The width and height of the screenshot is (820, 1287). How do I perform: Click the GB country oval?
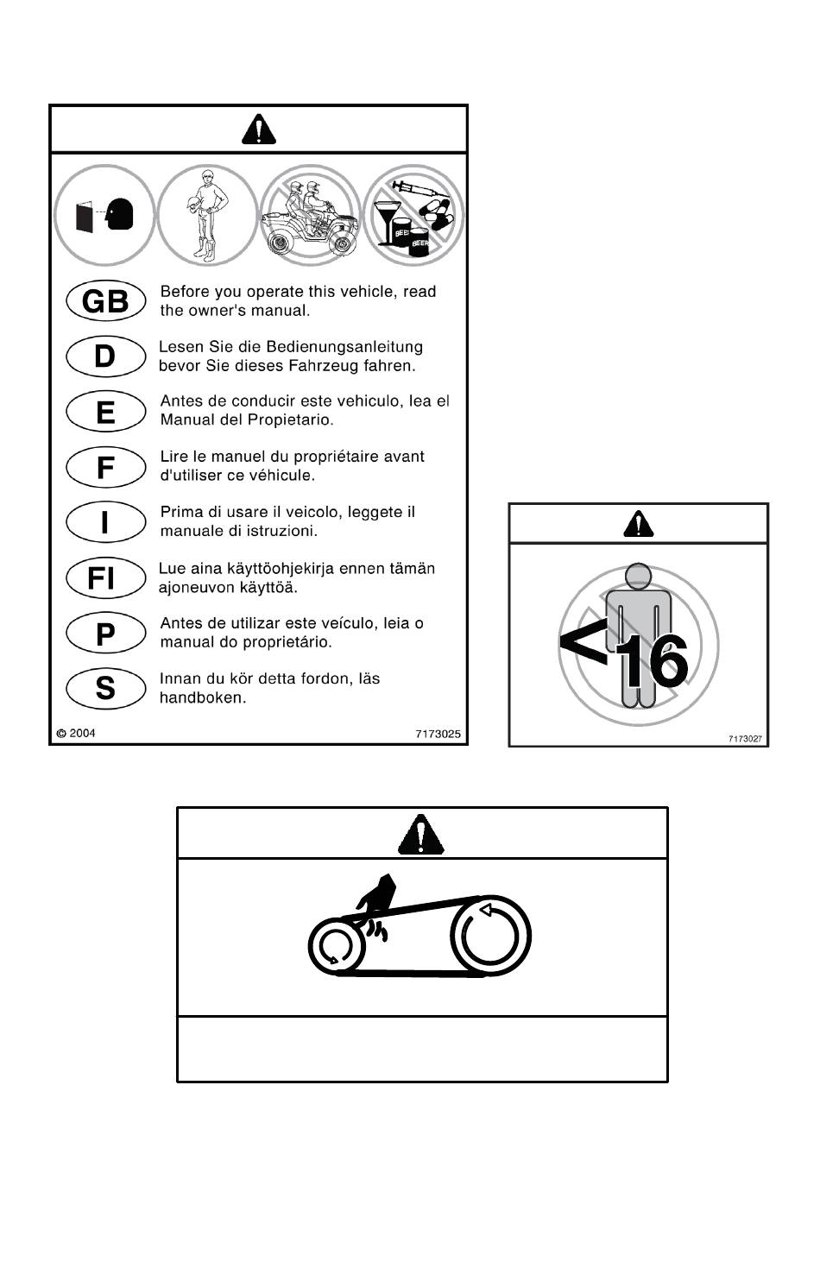(x=105, y=300)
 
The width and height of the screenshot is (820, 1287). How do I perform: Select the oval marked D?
(x=105, y=356)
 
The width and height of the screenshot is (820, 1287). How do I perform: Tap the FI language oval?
(x=105, y=578)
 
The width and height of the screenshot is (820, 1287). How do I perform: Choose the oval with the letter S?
(x=105, y=688)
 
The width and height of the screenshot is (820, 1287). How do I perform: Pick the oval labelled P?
(x=105, y=634)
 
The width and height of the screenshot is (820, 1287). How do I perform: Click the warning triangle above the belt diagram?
(x=420, y=834)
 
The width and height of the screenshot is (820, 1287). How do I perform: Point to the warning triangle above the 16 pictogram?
(x=639, y=523)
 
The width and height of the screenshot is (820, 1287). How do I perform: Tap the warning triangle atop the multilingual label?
(x=259, y=129)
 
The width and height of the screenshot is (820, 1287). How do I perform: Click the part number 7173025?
(x=438, y=734)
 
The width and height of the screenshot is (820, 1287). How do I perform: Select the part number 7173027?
(x=745, y=739)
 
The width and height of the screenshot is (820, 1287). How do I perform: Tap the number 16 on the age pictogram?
(x=652, y=661)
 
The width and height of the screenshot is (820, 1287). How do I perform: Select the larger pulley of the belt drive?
(x=490, y=936)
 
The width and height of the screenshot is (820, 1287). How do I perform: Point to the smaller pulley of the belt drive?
(x=336, y=946)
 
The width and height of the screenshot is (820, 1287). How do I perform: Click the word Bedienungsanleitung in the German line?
(x=344, y=347)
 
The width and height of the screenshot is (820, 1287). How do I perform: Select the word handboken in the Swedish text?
(x=202, y=698)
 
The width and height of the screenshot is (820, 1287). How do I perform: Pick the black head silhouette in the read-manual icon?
(x=120, y=214)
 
